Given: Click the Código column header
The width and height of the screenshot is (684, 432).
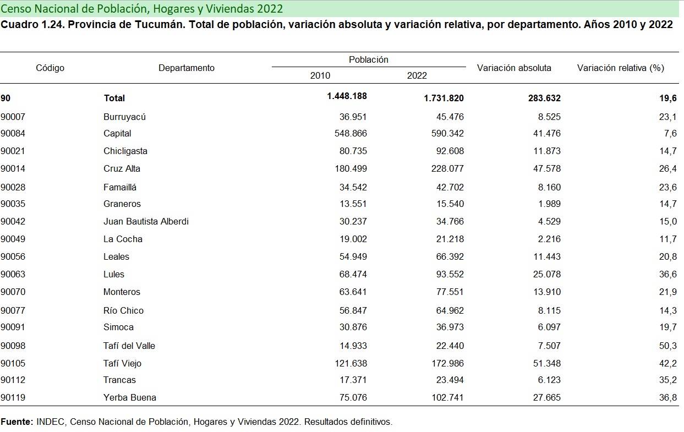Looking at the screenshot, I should pos(50,68).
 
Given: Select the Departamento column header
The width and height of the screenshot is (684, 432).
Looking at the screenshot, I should pos(187,68).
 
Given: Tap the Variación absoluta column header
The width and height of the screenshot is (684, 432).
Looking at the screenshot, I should pos(514,68).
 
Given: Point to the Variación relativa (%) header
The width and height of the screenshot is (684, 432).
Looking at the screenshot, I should pos(621,68).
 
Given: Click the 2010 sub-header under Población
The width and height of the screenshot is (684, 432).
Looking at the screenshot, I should pos(320,76).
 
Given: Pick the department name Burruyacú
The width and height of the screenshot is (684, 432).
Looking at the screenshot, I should pos(124,117).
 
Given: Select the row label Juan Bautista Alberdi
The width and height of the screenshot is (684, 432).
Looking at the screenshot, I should pos(146,221).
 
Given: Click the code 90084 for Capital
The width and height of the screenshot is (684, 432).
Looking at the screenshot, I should pos(13,133).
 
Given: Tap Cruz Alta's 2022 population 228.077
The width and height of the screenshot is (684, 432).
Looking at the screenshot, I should pos(447,168).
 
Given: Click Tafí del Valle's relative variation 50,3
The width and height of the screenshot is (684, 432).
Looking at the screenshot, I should pos(667,346).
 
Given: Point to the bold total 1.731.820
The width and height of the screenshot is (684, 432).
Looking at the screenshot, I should pos(444,98).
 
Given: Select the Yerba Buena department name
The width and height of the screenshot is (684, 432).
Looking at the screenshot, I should pos(130,397).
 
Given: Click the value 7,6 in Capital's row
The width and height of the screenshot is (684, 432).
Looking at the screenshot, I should pos(670,133).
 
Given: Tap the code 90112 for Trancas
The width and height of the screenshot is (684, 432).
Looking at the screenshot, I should pos(13,380).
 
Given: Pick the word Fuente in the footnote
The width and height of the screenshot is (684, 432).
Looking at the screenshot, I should pos(17,422).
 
